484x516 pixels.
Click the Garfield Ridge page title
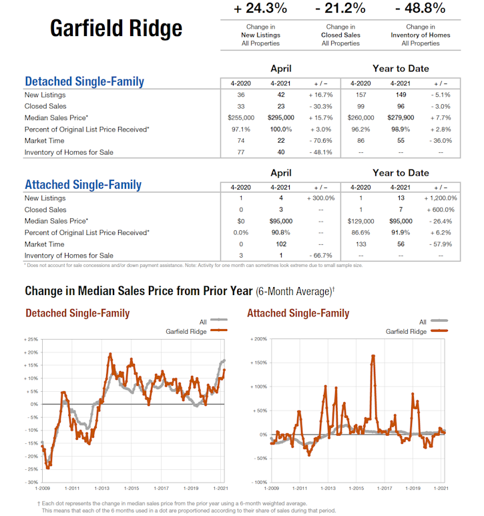pyautogui.click(x=116, y=28)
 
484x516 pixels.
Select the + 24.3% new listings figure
pyautogui.click(x=260, y=9)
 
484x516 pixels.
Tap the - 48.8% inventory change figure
pyautogui.click(x=421, y=9)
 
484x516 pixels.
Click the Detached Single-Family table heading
pyautogui.click(x=84, y=82)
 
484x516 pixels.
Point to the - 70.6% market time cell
pyautogui.click(x=320, y=141)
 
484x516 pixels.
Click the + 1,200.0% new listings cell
pyautogui.click(x=440, y=198)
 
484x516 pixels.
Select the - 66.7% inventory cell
pyautogui.click(x=321, y=256)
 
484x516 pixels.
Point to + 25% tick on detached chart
pyautogui.click(x=31, y=340)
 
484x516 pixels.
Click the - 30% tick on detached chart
pyautogui.click(x=31, y=482)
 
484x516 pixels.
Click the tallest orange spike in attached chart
pyautogui.click(x=373, y=356)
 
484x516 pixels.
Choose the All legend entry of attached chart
pyautogui.click(x=423, y=322)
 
